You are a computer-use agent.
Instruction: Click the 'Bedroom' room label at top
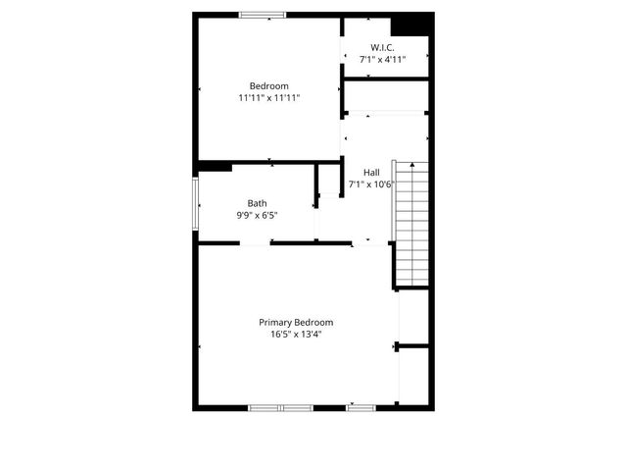click(x=268, y=85)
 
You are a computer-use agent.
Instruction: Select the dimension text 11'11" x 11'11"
click(x=268, y=98)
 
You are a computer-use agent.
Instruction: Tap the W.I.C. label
click(x=382, y=47)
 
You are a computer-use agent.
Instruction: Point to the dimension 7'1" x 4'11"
click(x=382, y=60)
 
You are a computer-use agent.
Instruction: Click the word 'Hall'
click(x=371, y=172)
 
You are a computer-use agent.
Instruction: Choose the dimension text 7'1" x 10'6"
click(x=371, y=184)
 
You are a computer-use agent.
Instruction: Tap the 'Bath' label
click(x=257, y=203)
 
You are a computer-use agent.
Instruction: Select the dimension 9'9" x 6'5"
click(x=257, y=216)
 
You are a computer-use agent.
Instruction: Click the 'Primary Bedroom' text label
click(x=296, y=322)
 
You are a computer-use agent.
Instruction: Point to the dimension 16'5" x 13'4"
click(x=296, y=335)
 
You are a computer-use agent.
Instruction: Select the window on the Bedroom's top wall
click(x=263, y=15)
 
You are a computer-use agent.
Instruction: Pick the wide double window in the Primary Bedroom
click(x=280, y=407)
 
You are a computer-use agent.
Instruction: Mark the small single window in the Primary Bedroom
click(x=361, y=407)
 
